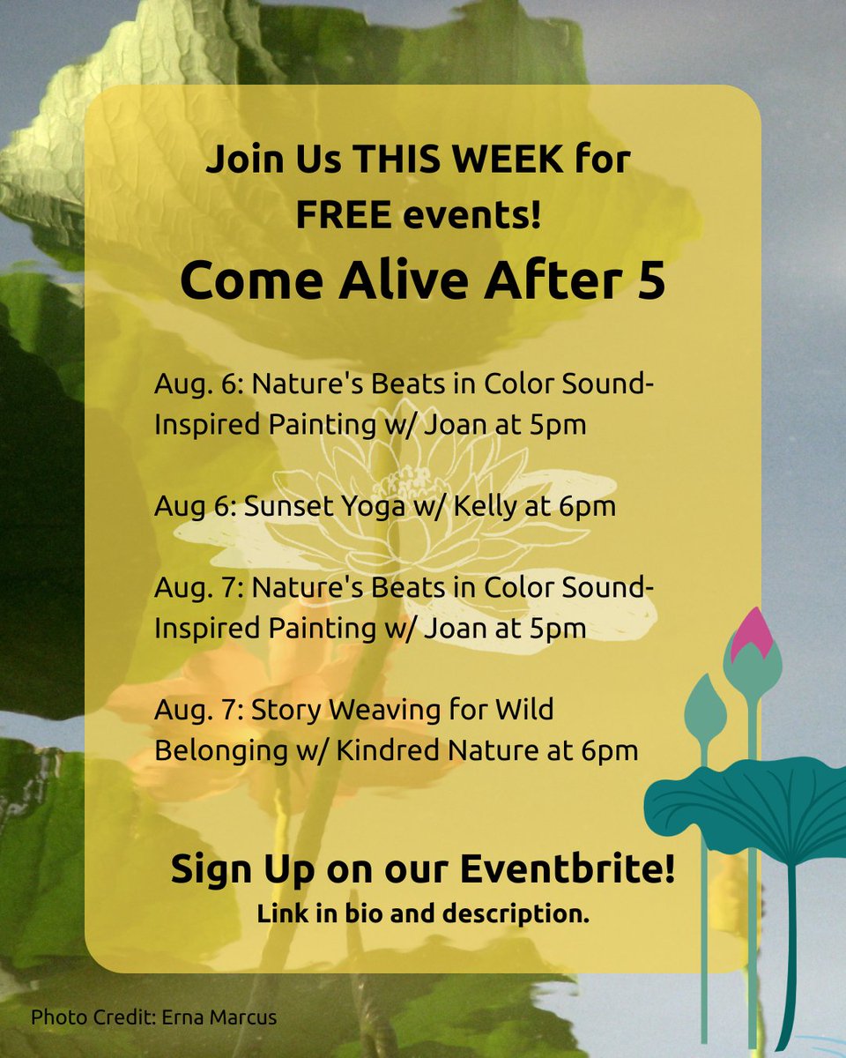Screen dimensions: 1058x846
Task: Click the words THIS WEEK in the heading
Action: [461, 162]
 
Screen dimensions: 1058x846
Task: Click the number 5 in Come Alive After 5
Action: [650, 281]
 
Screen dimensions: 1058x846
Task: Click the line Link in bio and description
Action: [423, 914]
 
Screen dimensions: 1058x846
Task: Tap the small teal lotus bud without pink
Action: [704, 709]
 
